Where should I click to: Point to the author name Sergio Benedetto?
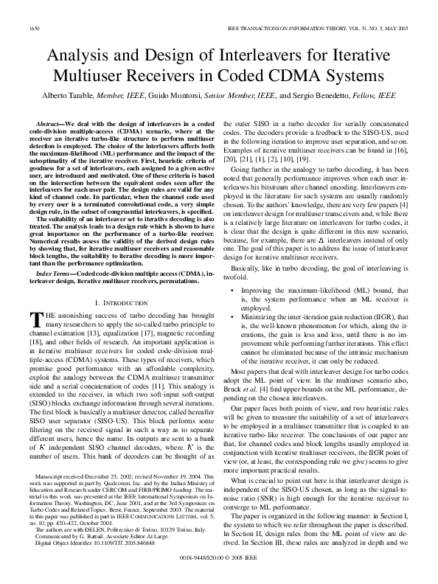[324, 96]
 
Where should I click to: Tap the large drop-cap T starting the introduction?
[33, 319]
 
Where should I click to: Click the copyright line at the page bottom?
[219, 560]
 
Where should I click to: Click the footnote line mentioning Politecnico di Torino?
[111, 509]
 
